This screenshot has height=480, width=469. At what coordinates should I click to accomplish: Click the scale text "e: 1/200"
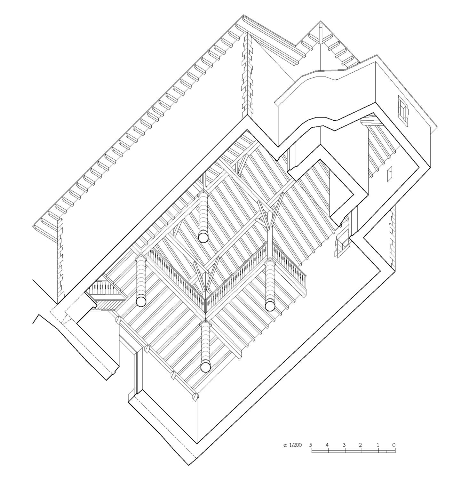pyautogui.click(x=292, y=445)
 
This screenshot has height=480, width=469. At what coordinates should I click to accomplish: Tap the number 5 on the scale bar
pyautogui.click(x=311, y=445)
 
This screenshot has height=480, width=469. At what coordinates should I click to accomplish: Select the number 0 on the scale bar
pyautogui.click(x=394, y=445)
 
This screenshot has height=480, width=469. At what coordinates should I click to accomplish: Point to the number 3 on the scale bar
pyautogui.click(x=344, y=445)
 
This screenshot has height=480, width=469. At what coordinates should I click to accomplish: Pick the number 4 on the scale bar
pyautogui.click(x=327, y=445)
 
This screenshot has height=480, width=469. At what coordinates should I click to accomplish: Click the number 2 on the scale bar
pyautogui.click(x=361, y=445)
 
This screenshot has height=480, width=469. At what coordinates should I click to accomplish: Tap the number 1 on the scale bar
pyautogui.click(x=378, y=445)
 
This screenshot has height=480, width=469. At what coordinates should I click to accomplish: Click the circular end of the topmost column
pyautogui.click(x=203, y=237)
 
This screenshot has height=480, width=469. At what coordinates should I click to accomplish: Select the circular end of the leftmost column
pyautogui.click(x=141, y=301)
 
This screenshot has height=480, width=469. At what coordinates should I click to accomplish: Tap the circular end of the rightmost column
pyautogui.click(x=270, y=306)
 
